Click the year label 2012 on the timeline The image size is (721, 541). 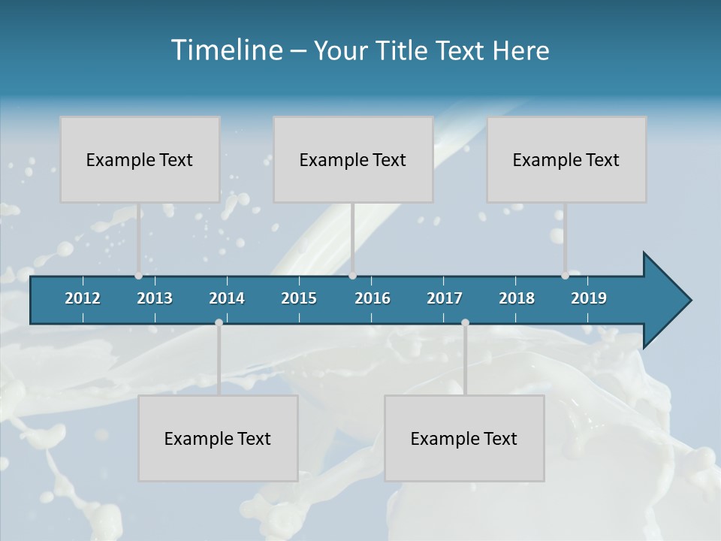83,298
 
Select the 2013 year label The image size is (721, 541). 155,298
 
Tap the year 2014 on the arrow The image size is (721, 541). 227,298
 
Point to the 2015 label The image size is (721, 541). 299,298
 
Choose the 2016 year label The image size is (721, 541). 373,298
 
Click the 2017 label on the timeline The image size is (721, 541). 445,298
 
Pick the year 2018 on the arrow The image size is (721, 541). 517,298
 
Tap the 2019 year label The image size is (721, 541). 589,298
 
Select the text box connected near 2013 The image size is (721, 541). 140,159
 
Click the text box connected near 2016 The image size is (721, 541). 353,159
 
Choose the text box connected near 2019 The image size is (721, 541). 566,159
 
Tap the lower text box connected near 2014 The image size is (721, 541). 218,438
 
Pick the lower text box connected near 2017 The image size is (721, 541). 464,438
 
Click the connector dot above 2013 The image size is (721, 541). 139,275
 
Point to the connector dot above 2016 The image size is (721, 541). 353,275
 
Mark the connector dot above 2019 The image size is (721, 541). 566,275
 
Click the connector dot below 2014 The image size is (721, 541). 219,323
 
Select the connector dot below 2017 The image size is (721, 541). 465,323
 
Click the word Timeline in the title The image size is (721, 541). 226,50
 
